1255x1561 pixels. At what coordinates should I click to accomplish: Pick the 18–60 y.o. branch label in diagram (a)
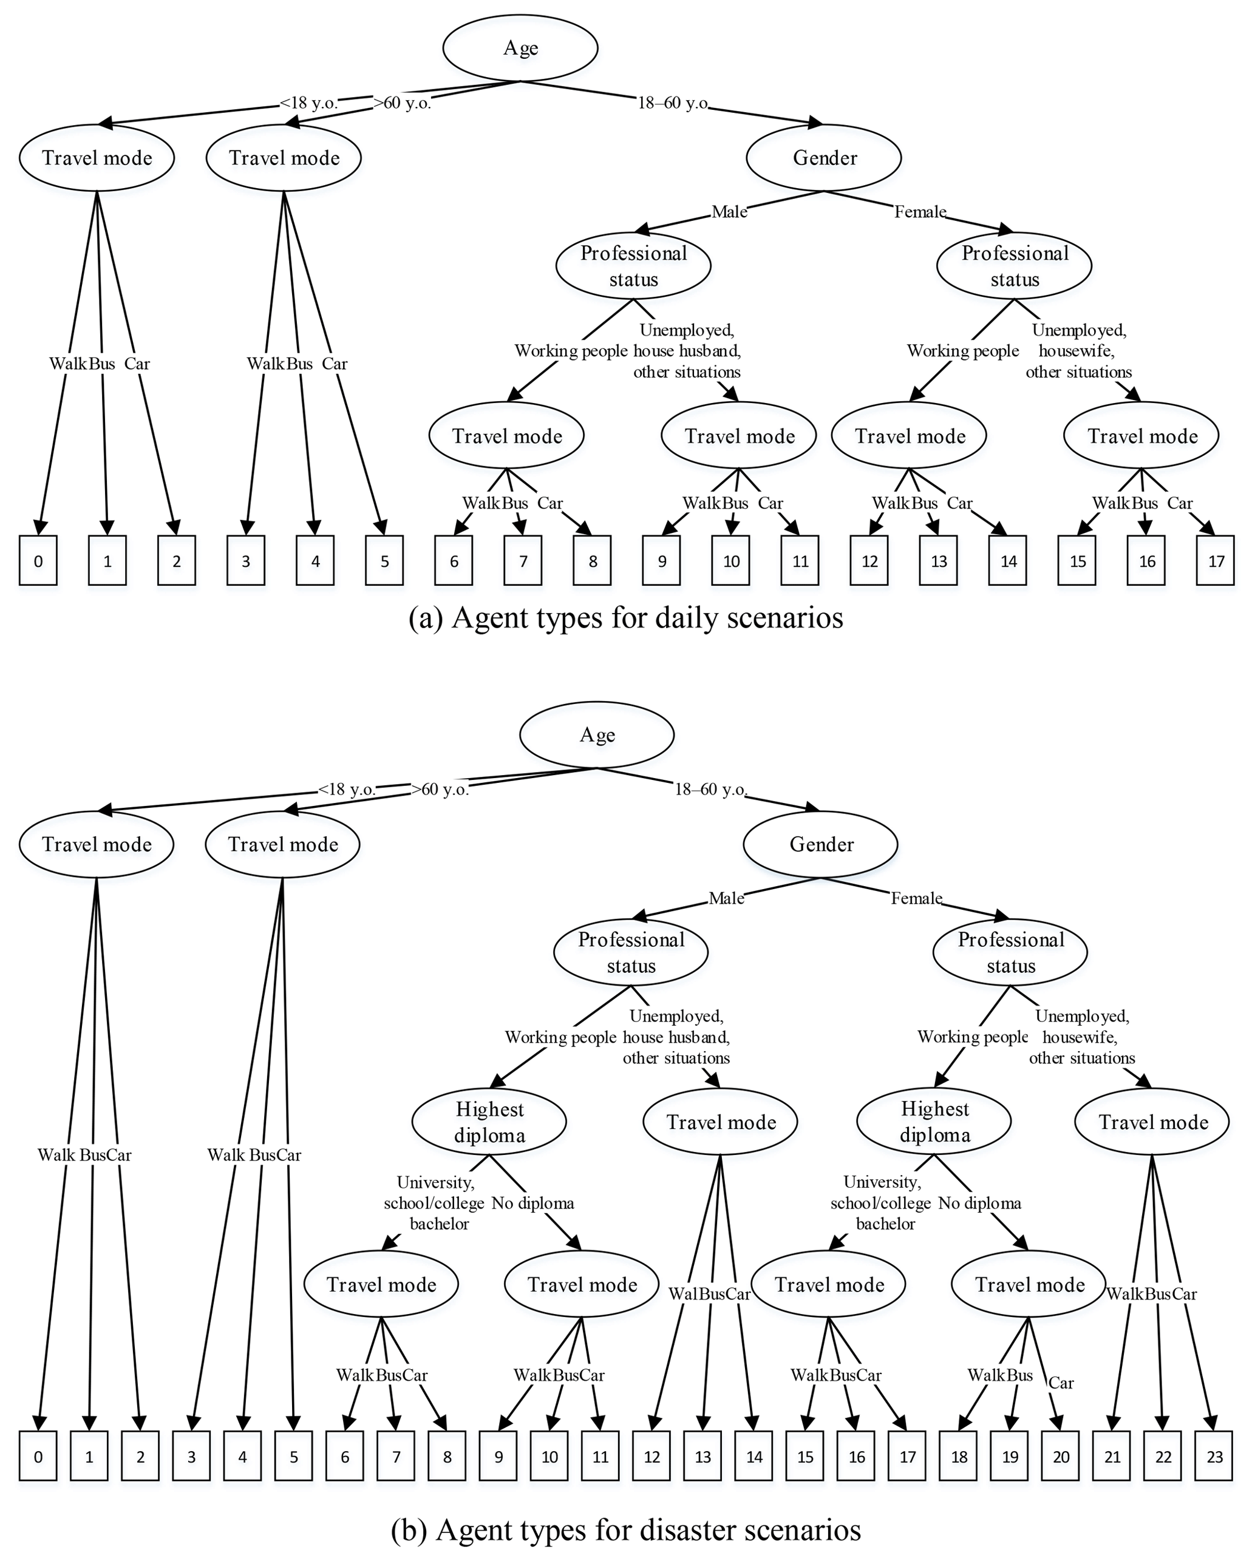[673, 103]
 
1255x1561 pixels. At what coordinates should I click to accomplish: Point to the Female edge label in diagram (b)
[916, 898]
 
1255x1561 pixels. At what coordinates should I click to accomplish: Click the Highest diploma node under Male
[489, 1122]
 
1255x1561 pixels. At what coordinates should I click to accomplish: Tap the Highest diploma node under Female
[934, 1122]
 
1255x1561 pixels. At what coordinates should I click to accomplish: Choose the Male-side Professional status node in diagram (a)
[633, 266]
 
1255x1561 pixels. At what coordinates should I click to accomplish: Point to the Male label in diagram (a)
[729, 211]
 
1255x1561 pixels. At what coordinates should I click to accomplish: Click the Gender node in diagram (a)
[824, 158]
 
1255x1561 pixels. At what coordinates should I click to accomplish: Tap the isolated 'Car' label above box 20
[1061, 1383]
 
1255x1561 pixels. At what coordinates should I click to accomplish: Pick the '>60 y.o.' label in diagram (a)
[403, 103]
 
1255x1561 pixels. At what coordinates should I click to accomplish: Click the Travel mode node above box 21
[1152, 1122]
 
